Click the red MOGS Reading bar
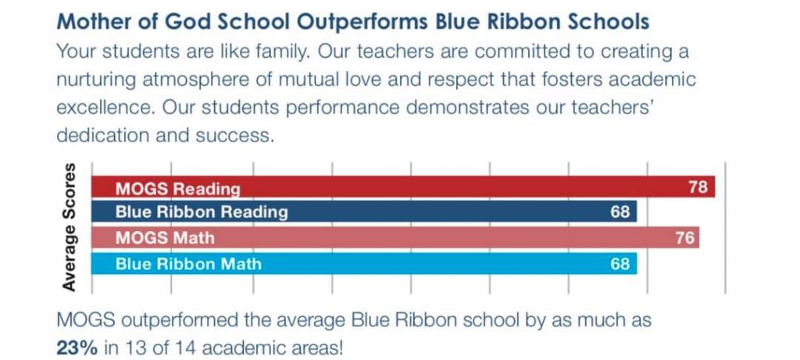(403, 187)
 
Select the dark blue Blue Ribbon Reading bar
(364, 211)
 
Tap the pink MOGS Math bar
(395, 237)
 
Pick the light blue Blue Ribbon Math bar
(364, 264)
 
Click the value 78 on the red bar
(698, 187)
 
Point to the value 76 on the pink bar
(685, 238)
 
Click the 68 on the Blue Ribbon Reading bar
(620, 212)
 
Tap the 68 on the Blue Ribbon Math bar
(620, 264)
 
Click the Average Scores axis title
(70, 227)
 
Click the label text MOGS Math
(165, 238)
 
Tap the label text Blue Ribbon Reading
(202, 212)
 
